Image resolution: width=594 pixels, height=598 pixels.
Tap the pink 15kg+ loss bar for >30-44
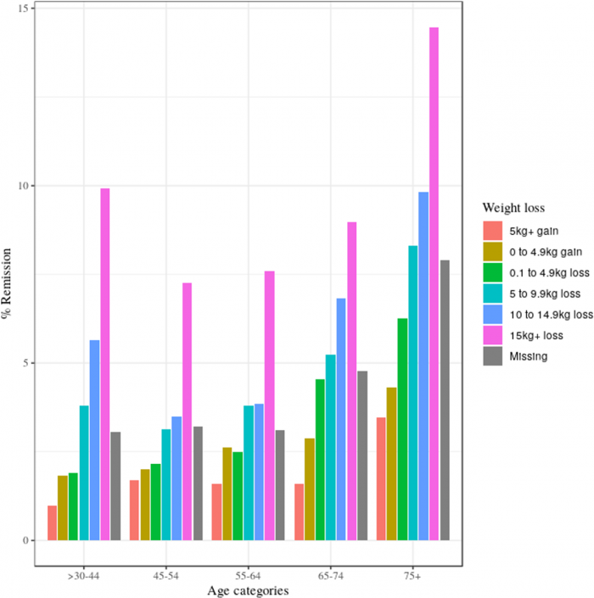[105, 365]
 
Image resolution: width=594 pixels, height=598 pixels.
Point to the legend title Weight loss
[513, 207]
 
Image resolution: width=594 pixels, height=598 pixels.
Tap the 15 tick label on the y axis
[25, 8]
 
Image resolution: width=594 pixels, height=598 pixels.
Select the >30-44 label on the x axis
[84, 576]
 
